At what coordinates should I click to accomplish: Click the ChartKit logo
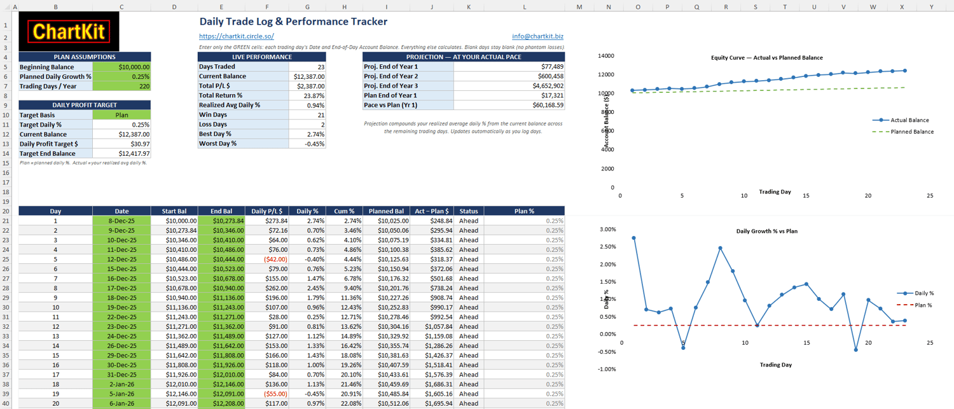coord(69,32)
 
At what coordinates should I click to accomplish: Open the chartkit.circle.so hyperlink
coord(237,36)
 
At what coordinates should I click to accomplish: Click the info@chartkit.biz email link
coord(537,36)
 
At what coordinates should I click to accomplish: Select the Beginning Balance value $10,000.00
coord(121,67)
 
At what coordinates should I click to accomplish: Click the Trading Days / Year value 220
coord(121,86)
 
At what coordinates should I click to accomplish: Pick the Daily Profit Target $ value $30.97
coord(121,144)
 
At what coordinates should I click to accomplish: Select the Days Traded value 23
coord(307,66)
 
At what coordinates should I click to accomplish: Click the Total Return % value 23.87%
coord(307,95)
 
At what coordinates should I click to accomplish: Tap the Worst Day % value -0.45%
coord(307,144)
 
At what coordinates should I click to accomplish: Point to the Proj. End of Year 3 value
coord(509,86)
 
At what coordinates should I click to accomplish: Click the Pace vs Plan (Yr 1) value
coord(509,105)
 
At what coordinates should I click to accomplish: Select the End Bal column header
coord(221,211)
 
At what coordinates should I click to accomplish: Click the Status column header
coord(469,211)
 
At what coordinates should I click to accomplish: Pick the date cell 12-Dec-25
coord(121,259)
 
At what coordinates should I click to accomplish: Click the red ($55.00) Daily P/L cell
coord(267,394)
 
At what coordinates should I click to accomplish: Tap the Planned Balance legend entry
coord(903,132)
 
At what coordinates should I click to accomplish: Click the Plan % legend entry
coord(915,305)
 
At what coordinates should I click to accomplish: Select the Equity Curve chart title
coord(766,57)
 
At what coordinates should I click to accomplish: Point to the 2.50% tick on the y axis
coord(608,247)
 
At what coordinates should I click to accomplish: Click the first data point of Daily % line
coord(633,238)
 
